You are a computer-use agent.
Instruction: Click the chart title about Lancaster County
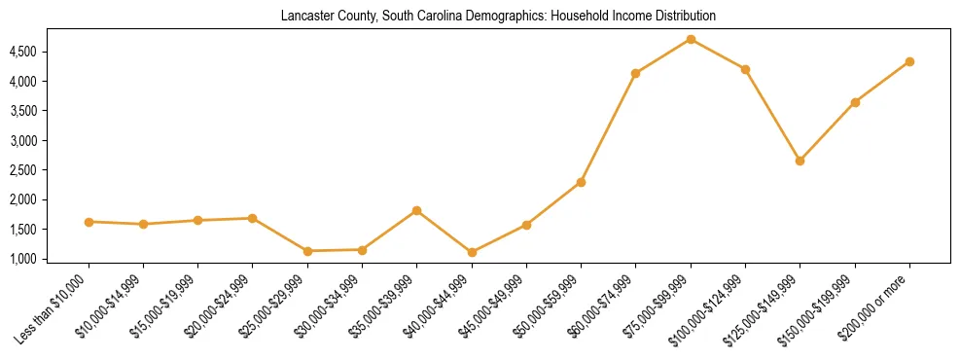click(x=498, y=17)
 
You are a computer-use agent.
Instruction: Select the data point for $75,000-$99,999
click(x=691, y=39)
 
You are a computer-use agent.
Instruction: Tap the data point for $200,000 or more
click(x=909, y=61)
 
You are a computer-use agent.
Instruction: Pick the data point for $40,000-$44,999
click(x=472, y=252)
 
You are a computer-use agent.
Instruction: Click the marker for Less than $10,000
click(x=89, y=222)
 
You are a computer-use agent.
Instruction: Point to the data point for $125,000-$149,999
click(x=800, y=161)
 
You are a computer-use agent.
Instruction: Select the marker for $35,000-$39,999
click(x=416, y=210)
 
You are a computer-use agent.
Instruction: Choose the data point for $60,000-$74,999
click(x=635, y=73)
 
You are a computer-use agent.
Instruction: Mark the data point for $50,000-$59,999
click(x=581, y=182)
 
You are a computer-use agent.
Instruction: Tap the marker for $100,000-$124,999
click(x=745, y=69)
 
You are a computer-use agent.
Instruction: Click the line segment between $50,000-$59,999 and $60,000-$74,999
click(x=608, y=127)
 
